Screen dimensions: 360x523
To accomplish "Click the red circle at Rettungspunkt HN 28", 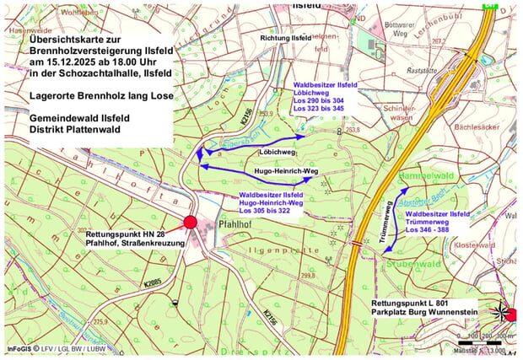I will (x=191, y=223).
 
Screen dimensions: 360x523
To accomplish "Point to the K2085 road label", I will (x=153, y=282).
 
